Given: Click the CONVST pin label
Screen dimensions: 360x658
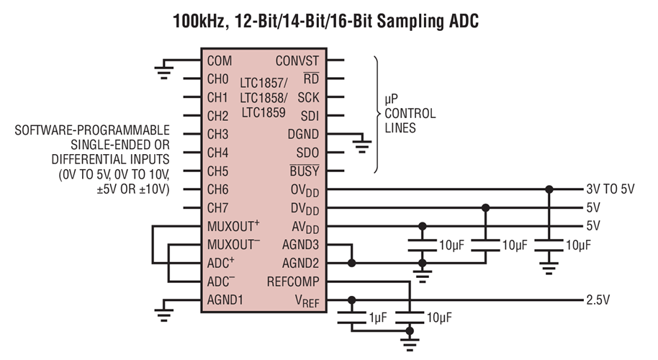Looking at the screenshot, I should (x=297, y=61).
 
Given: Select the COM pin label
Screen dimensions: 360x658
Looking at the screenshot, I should (x=220, y=61).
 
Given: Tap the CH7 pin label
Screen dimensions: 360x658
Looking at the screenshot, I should (x=217, y=208).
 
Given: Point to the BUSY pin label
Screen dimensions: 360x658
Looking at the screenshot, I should (x=304, y=171).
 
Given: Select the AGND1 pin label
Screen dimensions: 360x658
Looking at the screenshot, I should (x=225, y=300).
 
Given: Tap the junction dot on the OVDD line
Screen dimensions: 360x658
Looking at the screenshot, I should (x=549, y=189).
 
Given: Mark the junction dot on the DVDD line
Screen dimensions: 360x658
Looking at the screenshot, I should (x=486, y=208).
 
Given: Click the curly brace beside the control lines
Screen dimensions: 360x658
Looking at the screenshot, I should (x=377, y=115).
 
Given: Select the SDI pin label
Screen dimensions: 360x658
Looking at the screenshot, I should (x=308, y=116).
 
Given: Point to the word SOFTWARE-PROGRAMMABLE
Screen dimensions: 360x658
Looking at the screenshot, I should (x=92, y=130).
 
